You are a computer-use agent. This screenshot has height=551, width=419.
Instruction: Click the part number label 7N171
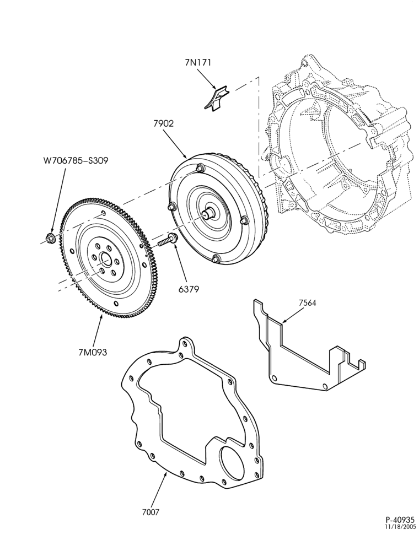[198, 63]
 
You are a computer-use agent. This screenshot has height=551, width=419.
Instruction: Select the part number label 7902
[163, 123]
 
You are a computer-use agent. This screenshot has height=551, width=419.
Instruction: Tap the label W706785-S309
[76, 160]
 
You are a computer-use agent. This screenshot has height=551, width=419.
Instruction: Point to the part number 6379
[189, 289]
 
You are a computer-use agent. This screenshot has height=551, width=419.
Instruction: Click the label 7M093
[93, 352]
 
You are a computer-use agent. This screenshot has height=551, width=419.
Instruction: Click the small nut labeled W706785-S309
[50, 238]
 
